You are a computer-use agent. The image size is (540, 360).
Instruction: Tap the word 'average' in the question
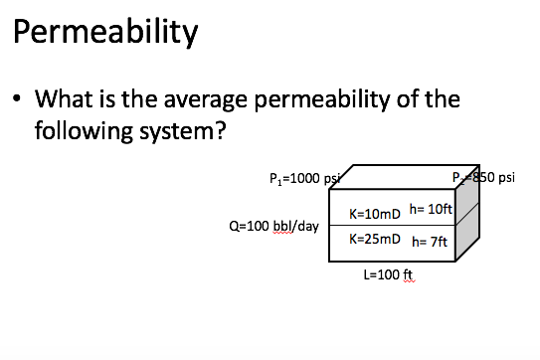[221, 100]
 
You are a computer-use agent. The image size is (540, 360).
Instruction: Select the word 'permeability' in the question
[348, 100]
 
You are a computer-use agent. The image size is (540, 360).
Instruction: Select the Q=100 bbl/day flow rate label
[273, 226]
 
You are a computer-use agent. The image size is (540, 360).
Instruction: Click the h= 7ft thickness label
[431, 242]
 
